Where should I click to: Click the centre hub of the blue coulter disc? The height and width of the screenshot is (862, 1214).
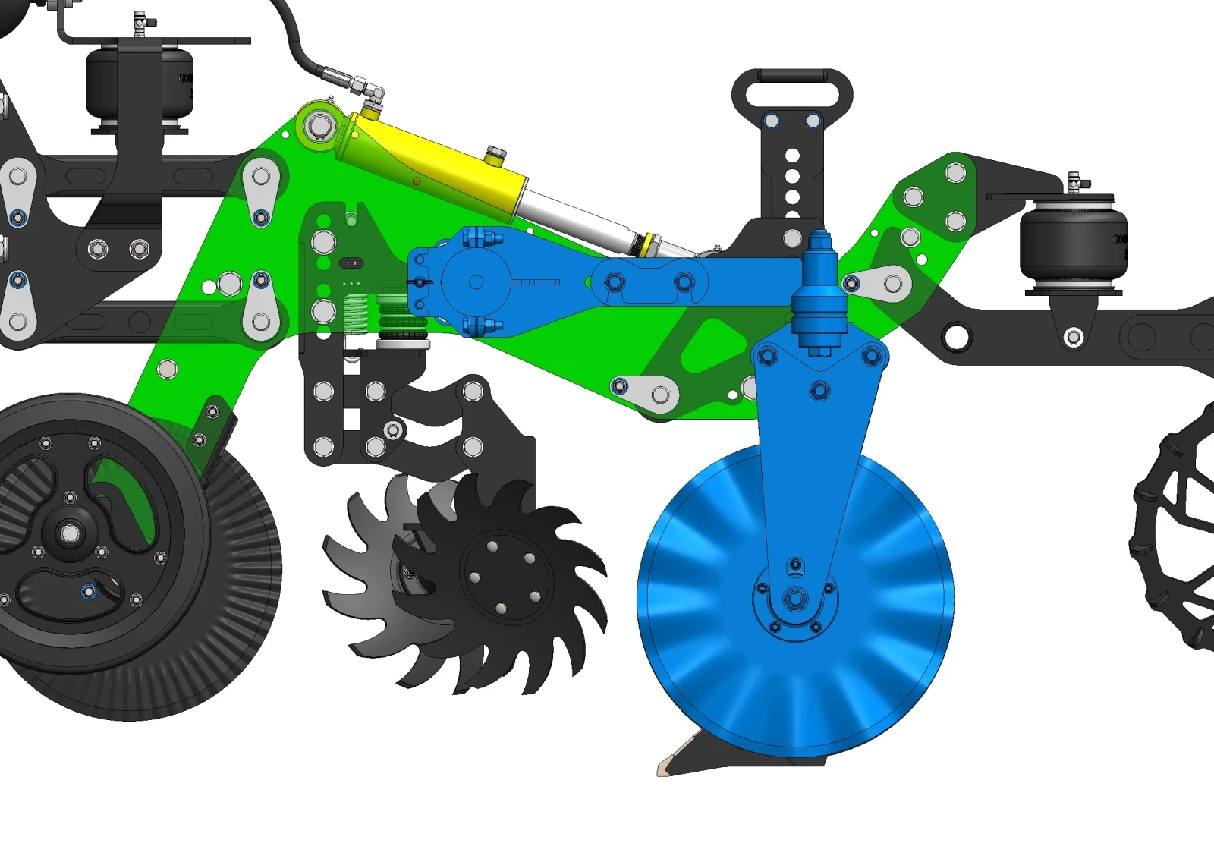click(x=794, y=599)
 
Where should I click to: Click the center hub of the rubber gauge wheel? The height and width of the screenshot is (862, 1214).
click(x=71, y=533)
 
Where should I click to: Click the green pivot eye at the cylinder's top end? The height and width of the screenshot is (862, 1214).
click(x=320, y=126)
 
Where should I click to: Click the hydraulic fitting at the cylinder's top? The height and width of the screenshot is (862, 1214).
click(x=371, y=94)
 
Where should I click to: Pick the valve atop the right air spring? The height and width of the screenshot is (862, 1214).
click(x=1074, y=183)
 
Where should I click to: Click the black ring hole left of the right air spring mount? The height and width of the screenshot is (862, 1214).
click(x=956, y=335)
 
